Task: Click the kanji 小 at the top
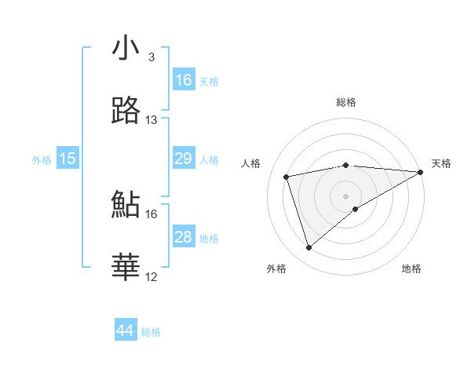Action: [x=126, y=48]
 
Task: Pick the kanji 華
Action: [x=126, y=268]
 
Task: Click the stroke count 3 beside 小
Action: [x=152, y=57]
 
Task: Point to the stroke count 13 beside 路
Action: [x=152, y=120]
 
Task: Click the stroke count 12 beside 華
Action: [x=152, y=277]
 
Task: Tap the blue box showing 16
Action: [x=184, y=80]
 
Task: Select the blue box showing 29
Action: [x=184, y=159]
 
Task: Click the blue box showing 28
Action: [x=184, y=237]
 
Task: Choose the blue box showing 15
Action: [x=68, y=159]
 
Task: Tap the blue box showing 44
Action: [x=126, y=331]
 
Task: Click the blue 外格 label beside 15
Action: [x=42, y=160]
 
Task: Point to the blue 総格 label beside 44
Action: [x=151, y=332]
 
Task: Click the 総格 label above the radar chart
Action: [x=346, y=102]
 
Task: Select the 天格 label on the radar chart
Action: [x=441, y=163]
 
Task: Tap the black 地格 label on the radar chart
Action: [x=411, y=269]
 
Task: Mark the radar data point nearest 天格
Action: [x=421, y=172]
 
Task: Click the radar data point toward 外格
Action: [x=309, y=248]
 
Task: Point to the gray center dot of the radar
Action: [x=346, y=195]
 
